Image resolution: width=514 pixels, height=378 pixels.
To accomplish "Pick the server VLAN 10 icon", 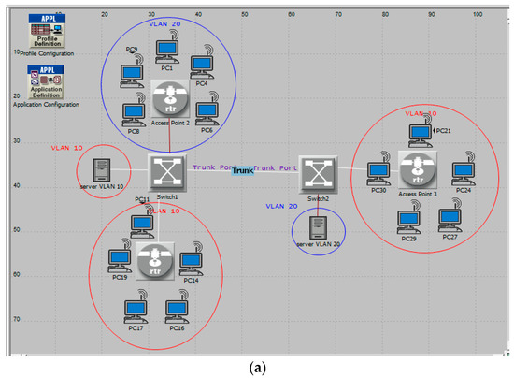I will point(101,171).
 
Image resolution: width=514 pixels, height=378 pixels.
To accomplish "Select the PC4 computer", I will point(202,65).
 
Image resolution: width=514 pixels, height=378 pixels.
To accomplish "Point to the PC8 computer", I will point(133,112).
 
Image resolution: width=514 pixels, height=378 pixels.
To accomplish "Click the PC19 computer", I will point(120,259).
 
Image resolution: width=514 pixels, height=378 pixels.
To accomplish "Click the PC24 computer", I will point(463,174).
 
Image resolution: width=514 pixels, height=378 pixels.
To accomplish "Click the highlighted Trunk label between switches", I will point(243,171).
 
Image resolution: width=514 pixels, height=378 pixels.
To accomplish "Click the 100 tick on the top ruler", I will point(478,13).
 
